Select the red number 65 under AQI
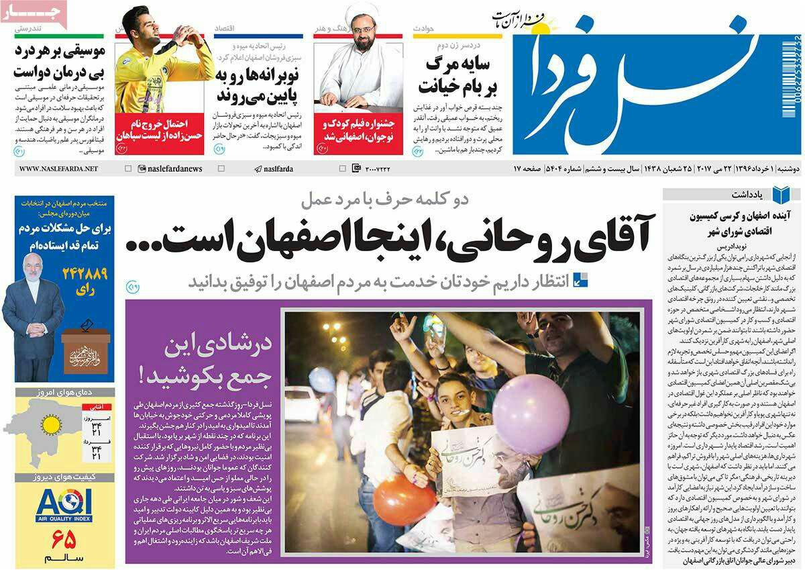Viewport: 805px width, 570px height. click(x=64, y=538)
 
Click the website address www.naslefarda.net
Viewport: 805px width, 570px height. click(x=58, y=169)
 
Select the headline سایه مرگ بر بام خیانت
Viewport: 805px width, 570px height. click(x=456, y=76)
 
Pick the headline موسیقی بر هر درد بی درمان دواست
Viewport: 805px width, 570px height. click(x=59, y=61)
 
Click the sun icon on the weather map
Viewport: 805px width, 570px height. click(x=52, y=424)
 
